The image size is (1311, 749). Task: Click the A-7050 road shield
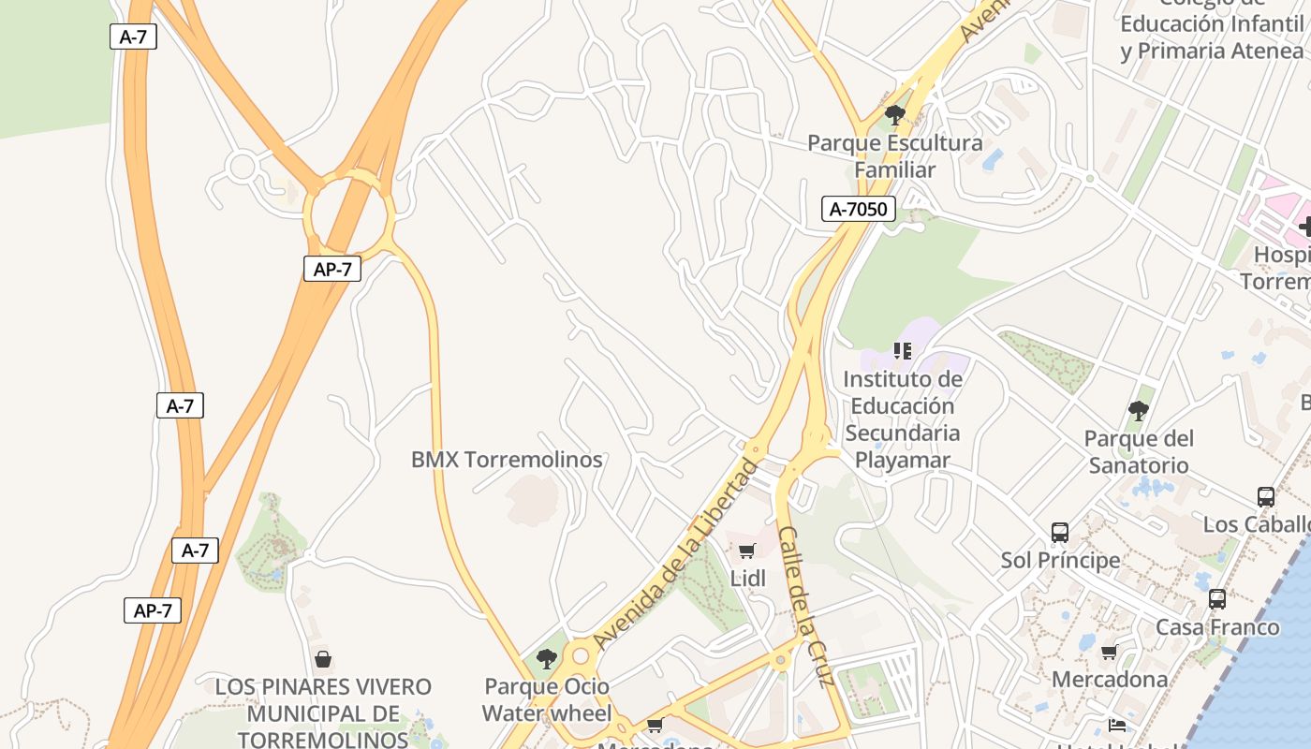point(858,209)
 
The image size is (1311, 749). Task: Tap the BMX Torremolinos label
point(507,460)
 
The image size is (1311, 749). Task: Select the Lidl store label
point(747,579)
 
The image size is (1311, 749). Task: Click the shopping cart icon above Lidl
point(746,551)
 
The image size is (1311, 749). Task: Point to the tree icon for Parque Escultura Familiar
point(894,115)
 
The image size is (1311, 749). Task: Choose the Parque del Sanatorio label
point(1138,451)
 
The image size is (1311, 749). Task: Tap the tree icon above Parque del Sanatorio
point(1138,410)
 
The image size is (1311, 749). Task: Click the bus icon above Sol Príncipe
point(1060,533)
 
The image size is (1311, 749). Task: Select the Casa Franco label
point(1217,627)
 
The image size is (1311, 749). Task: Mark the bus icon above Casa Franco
point(1216,599)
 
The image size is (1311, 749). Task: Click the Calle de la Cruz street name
point(805,607)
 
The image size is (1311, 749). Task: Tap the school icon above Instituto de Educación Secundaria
point(902,351)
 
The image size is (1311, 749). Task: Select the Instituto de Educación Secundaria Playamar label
point(902,419)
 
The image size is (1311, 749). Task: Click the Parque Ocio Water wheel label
point(546,699)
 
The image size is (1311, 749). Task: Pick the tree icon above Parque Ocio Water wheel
point(546,659)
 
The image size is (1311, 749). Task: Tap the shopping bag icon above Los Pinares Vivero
point(323,659)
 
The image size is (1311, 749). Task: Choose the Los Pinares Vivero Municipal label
point(323,712)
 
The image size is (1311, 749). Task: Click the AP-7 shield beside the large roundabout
point(332,269)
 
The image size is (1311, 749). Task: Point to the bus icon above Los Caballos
point(1265,497)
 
